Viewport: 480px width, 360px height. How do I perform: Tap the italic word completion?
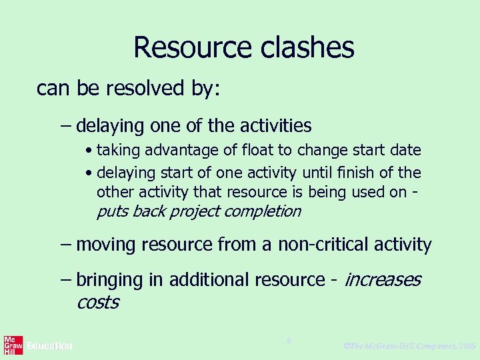point(264,211)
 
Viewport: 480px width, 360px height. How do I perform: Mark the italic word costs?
point(97,302)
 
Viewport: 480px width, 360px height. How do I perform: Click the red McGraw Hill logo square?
point(13,345)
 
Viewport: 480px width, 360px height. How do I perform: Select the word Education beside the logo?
point(49,346)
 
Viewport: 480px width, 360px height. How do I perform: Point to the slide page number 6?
point(289,341)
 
